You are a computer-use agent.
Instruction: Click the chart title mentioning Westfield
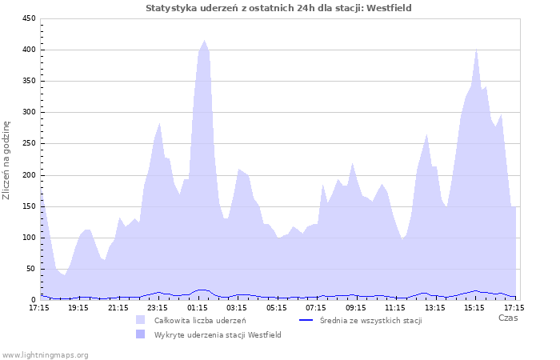(279, 8)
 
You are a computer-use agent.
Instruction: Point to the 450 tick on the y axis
(28, 18)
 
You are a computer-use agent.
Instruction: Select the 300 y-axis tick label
(28, 112)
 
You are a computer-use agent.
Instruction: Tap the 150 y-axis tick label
(28, 206)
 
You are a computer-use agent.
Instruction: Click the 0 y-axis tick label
(33, 299)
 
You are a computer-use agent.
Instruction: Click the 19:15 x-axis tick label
(78, 307)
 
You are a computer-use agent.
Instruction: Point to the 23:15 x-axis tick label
(158, 307)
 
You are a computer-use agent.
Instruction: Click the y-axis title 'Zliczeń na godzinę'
(7, 160)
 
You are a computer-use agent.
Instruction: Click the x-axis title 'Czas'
(507, 318)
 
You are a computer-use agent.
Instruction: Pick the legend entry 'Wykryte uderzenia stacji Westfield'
(218, 334)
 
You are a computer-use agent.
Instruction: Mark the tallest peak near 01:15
(205, 41)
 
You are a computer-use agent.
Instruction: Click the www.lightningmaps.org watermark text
(45, 354)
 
